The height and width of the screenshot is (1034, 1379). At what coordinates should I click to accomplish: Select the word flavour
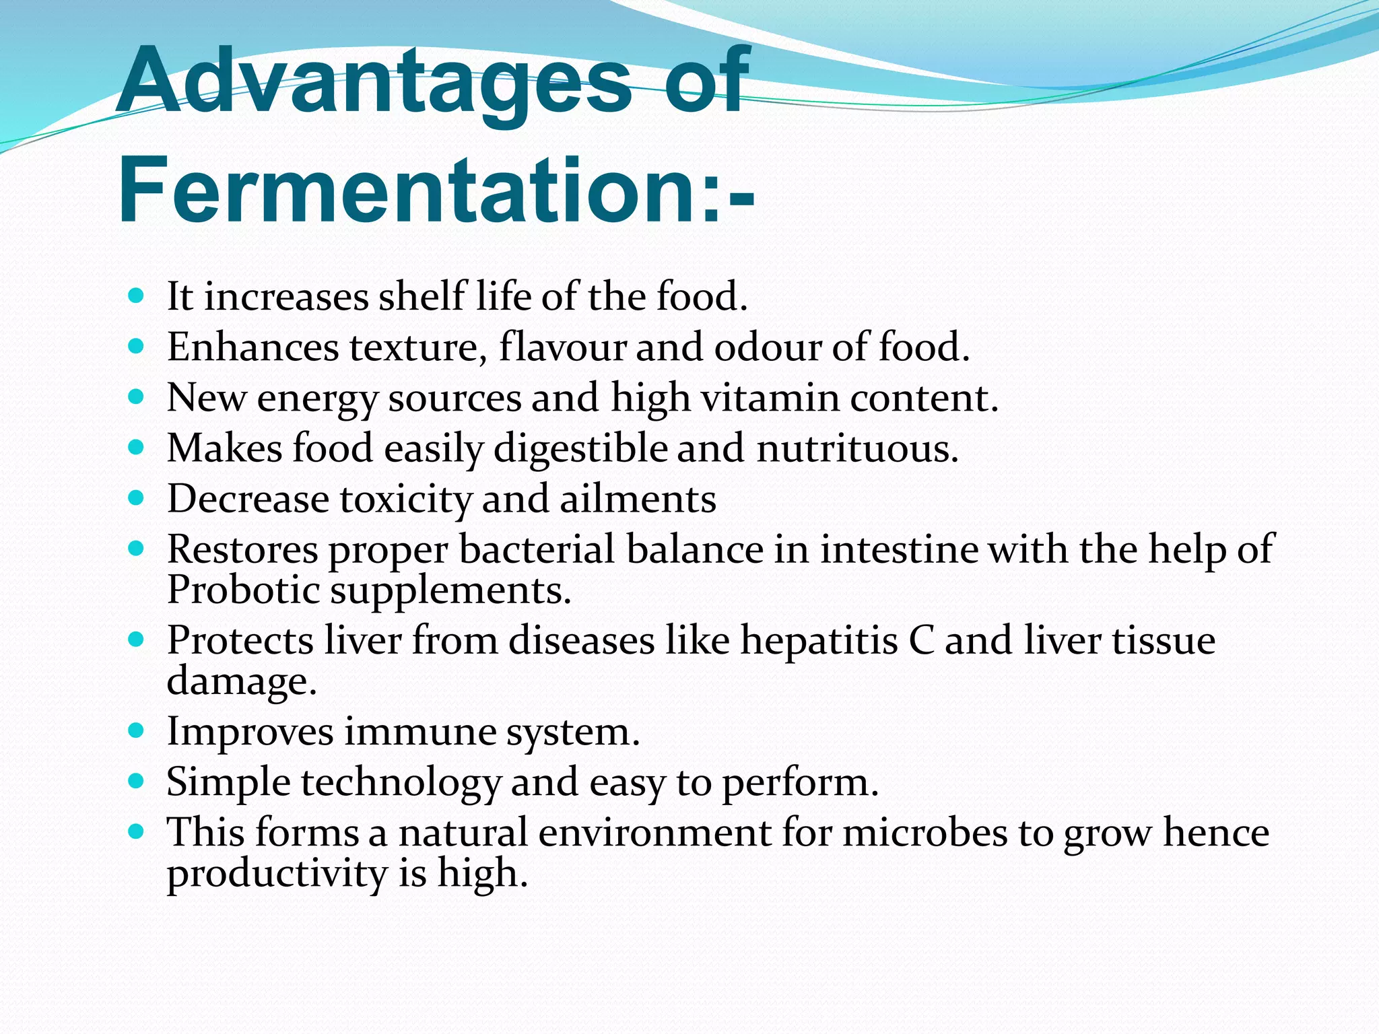point(563,347)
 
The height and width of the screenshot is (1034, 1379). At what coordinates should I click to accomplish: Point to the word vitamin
point(770,397)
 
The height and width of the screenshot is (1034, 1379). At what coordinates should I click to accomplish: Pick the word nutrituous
point(857,448)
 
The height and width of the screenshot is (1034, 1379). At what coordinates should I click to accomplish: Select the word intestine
point(898,549)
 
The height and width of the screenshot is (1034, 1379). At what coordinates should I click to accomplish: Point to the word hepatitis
point(819,640)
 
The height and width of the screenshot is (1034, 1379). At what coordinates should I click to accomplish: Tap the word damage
point(241,681)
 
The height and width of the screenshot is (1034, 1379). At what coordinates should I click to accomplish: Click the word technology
point(401,782)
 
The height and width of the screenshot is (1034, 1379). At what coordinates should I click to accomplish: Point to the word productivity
point(277,874)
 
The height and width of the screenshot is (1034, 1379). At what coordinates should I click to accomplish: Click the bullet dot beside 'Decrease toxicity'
point(136,498)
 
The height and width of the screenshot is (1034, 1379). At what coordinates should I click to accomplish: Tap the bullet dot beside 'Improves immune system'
point(136,730)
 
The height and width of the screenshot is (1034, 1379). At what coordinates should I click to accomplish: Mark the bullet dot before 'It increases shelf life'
point(136,296)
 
